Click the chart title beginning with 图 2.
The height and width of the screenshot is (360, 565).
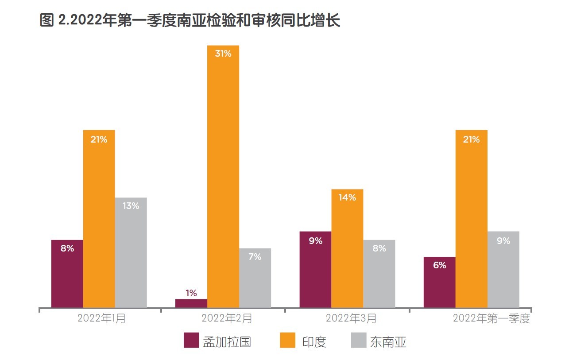pyautogui.click(x=190, y=20)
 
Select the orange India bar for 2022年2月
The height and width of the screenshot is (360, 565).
pyautogui.click(x=223, y=177)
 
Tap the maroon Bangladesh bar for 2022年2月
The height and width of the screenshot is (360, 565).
pyautogui.click(x=191, y=303)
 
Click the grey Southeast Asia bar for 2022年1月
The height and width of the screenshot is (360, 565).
pyautogui.click(x=131, y=252)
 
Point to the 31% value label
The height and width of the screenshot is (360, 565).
pyautogui.click(x=223, y=54)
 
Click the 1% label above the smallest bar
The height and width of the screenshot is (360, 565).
pyautogui.click(x=191, y=293)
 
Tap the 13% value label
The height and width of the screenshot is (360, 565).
pyautogui.click(x=131, y=206)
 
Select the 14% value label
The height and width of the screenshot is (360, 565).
pyautogui.click(x=347, y=197)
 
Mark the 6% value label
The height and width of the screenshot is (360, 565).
pyautogui.click(x=439, y=265)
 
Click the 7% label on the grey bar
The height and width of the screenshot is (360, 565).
pyautogui.click(x=255, y=256)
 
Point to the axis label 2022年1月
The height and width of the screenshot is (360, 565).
pyautogui.click(x=101, y=318)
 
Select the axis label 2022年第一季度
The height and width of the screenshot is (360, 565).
pyautogui.click(x=491, y=318)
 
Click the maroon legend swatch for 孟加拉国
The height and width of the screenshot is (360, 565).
pyautogui.click(x=191, y=341)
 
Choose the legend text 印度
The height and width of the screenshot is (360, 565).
pyautogui.click(x=314, y=342)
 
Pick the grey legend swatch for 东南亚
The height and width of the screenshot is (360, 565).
pyautogui.click(x=359, y=341)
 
